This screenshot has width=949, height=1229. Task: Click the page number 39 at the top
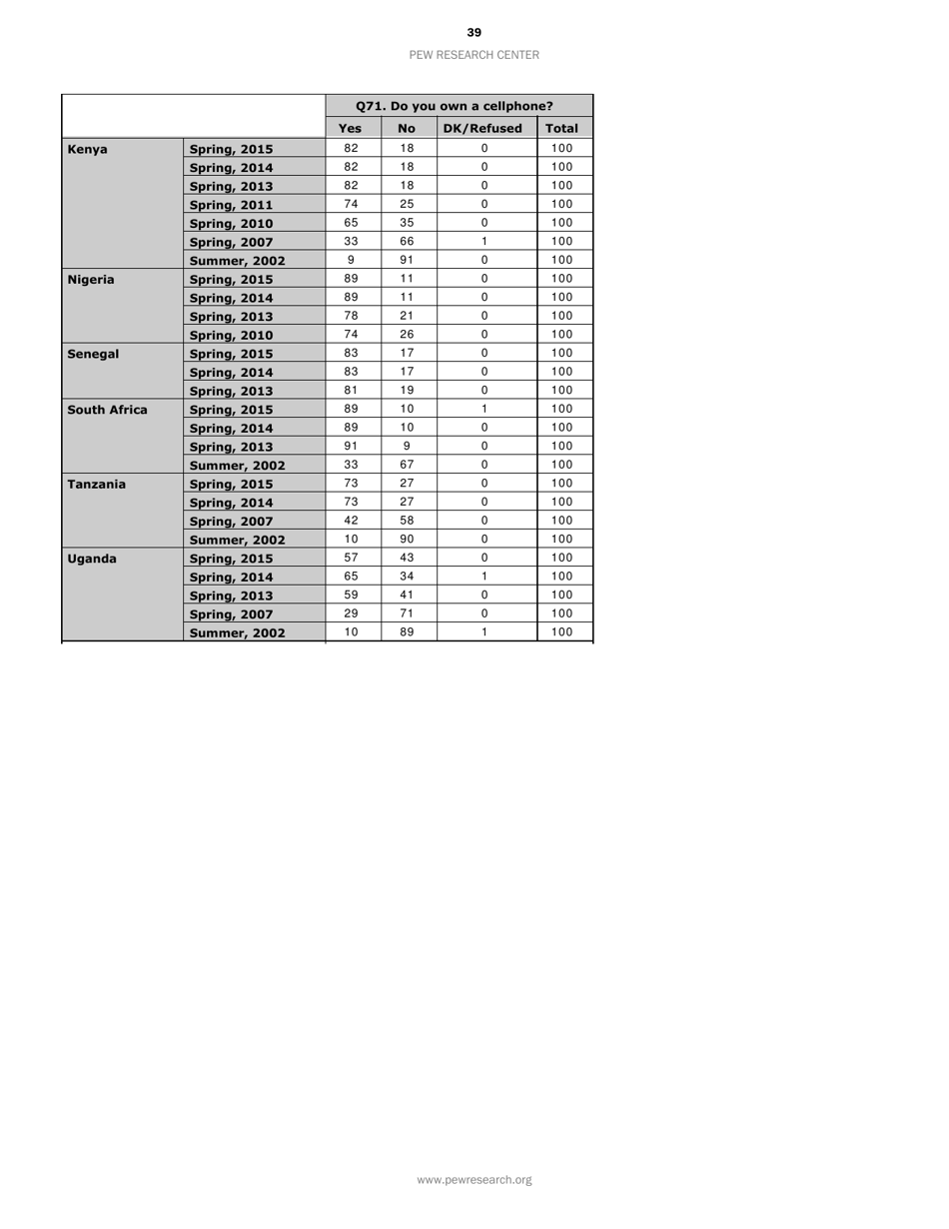pos(474,33)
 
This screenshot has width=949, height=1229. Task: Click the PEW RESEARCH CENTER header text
pos(474,55)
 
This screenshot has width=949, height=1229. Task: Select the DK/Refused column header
pos(486,129)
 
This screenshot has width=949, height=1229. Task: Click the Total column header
pos(564,129)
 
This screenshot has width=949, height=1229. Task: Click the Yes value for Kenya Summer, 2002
pos(350,259)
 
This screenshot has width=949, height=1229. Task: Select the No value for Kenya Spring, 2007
pos(407,241)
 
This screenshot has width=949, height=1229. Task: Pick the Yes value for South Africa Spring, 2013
pos(350,445)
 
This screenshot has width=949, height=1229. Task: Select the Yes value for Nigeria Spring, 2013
pos(350,315)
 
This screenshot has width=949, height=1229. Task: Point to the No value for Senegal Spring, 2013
pos(407,389)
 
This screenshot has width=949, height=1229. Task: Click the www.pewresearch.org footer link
pos(474,1180)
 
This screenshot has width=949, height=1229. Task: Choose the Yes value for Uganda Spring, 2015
pos(350,557)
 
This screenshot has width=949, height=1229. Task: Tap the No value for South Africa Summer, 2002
pos(407,464)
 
